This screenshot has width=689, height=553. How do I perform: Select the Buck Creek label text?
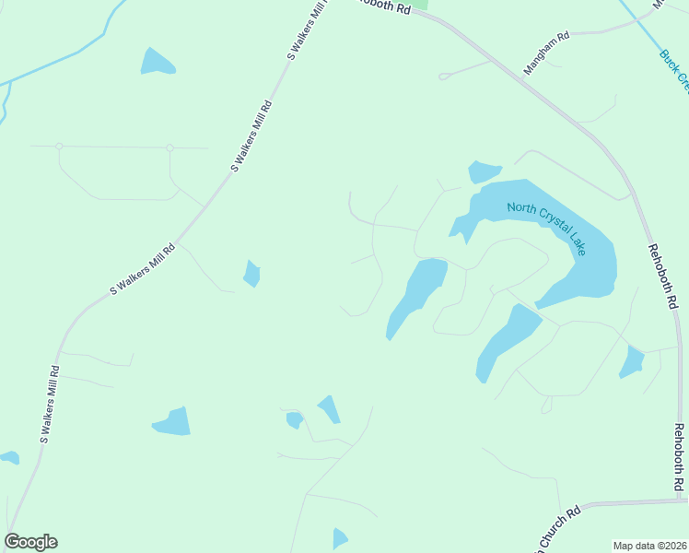674,70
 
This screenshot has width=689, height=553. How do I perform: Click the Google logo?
30,542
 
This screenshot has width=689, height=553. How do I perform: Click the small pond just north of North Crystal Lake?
483,171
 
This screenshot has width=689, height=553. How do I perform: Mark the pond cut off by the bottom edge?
339,539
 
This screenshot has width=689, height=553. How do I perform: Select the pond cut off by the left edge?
8,456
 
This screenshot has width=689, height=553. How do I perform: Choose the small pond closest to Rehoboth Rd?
632,362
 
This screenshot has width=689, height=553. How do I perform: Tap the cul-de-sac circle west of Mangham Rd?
443,76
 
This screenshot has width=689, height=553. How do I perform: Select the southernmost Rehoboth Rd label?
679,458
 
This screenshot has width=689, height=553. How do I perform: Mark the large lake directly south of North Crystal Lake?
508,340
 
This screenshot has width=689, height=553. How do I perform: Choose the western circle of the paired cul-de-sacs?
59,146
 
